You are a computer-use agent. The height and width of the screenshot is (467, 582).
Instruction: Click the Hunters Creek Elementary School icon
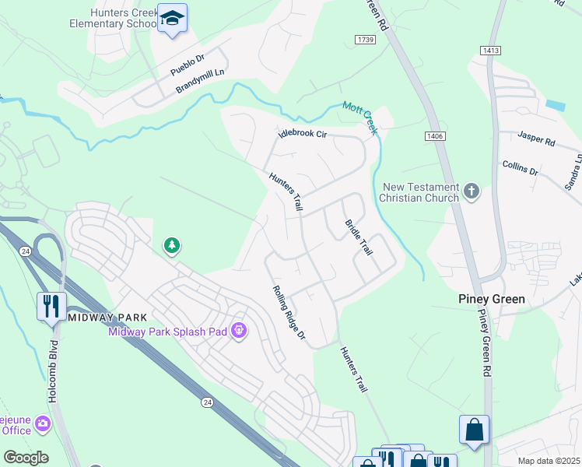tap(172, 19)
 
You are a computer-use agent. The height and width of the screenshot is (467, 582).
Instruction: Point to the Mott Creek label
tap(360, 118)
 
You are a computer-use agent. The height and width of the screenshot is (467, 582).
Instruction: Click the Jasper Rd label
tap(537, 140)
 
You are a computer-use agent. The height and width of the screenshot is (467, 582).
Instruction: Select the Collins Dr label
tap(521, 167)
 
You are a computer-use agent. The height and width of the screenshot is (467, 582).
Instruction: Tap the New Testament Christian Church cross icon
tap(471, 191)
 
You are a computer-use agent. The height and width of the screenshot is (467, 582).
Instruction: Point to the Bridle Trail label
tap(358, 237)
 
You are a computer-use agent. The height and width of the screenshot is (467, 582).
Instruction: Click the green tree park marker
tap(172, 247)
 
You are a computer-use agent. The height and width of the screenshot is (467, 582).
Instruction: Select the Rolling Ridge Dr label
tap(289, 315)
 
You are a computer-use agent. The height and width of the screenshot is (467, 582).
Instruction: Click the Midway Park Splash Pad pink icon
tap(240, 332)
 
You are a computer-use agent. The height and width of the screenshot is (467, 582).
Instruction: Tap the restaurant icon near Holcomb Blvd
tap(51, 304)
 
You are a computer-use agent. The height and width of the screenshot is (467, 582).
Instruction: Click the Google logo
tap(26, 458)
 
